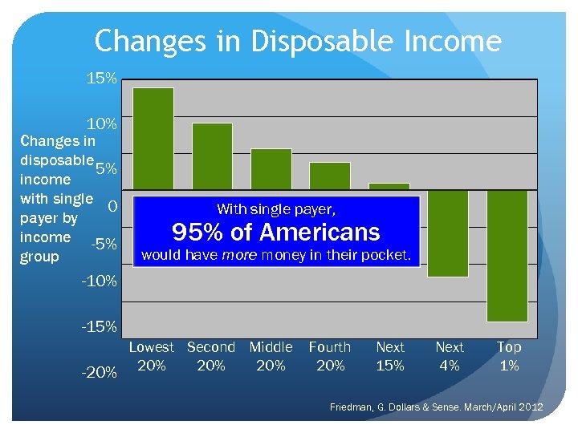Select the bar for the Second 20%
click(212, 156)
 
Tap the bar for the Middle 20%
click(271, 169)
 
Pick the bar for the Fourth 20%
click(330, 176)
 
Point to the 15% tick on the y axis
click(102, 79)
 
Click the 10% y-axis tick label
click(102, 124)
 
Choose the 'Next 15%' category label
click(390, 356)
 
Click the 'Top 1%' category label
click(509, 356)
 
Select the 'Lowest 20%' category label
click(152, 356)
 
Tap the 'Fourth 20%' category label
click(330, 356)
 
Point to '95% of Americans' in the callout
click(276, 233)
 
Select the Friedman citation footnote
click(437, 408)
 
